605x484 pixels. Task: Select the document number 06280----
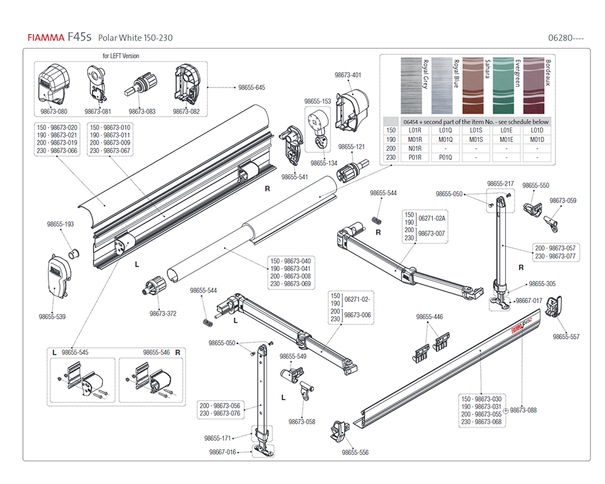(x=566, y=38)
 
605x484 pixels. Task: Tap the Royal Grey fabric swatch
(x=411, y=84)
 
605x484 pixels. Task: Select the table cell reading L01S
(x=476, y=130)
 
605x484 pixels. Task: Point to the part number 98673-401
(x=348, y=76)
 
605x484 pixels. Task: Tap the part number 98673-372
(x=163, y=313)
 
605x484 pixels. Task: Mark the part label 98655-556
(x=355, y=453)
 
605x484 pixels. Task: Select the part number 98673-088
(x=523, y=410)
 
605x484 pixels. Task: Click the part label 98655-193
(x=60, y=224)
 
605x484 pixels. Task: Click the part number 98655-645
(x=252, y=88)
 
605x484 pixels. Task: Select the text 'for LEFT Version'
(x=120, y=56)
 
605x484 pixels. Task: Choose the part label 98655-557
(x=566, y=336)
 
